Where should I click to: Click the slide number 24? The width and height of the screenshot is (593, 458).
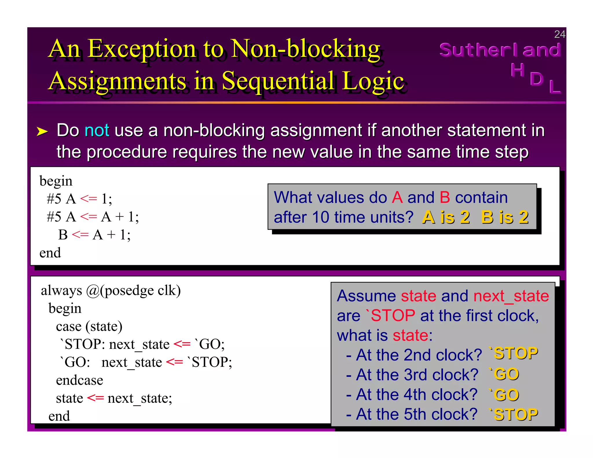click(559, 34)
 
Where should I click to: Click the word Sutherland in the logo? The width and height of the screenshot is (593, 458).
click(500, 50)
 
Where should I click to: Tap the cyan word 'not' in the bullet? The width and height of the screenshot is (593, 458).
click(97, 130)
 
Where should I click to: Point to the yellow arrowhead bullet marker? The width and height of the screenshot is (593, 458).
click(42, 131)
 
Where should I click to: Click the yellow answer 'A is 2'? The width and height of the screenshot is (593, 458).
click(446, 217)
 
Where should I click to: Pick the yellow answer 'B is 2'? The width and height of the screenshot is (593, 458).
click(505, 217)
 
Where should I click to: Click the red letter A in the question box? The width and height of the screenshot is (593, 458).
click(397, 197)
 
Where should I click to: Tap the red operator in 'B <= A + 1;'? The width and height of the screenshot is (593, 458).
click(80, 235)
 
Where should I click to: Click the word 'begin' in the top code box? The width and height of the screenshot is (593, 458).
click(56, 181)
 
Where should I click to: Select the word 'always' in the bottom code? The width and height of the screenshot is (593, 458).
click(61, 290)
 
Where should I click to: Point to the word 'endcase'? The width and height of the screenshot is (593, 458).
click(79, 380)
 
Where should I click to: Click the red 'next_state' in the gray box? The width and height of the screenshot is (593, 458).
click(511, 296)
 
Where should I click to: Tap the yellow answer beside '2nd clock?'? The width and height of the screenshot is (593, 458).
click(513, 353)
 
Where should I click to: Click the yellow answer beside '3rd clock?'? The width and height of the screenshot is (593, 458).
click(504, 374)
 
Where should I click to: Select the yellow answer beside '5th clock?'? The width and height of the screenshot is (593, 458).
click(513, 414)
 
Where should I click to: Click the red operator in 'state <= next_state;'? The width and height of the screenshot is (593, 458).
click(95, 398)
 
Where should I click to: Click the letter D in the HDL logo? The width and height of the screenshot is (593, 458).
click(537, 79)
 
